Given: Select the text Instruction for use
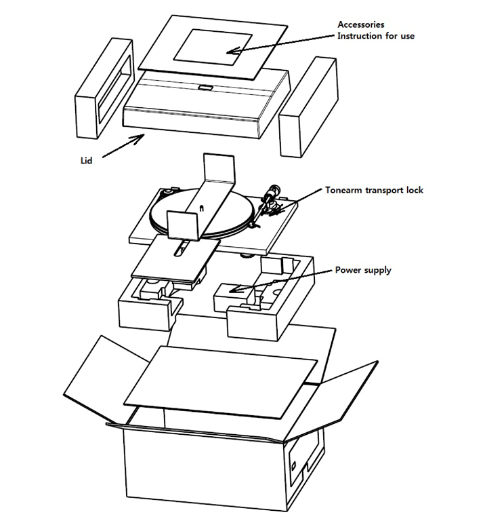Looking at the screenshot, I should (376, 36).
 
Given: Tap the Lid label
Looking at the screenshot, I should (83, 161).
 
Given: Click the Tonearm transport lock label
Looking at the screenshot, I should (374, 191).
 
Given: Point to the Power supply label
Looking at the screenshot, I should (363, 270).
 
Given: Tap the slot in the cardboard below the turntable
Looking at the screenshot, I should (179, 251).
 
